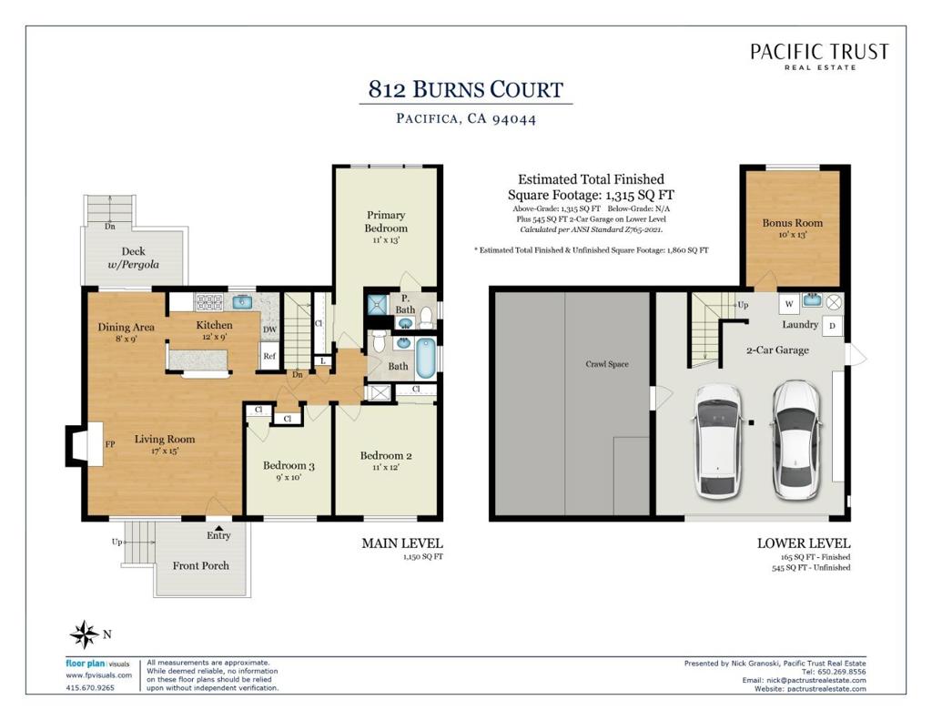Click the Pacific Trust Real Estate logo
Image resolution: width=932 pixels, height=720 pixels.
[819, 56]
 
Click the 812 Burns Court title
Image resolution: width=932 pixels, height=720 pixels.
[465, 89]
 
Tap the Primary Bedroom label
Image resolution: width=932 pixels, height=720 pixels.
[386, 222]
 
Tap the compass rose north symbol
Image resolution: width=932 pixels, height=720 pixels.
[85, 634]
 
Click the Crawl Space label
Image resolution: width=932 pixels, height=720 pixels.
[606, 364]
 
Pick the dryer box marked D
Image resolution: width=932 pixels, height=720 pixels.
[832, 326]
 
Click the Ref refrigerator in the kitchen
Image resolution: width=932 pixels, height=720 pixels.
[269, 356]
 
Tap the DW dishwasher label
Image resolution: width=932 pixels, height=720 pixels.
[269, 330]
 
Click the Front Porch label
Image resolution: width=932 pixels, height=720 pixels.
[201, 565]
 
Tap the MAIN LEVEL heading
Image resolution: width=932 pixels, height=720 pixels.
[401, 543]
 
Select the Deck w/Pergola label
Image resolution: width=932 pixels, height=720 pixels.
[134, 258]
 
